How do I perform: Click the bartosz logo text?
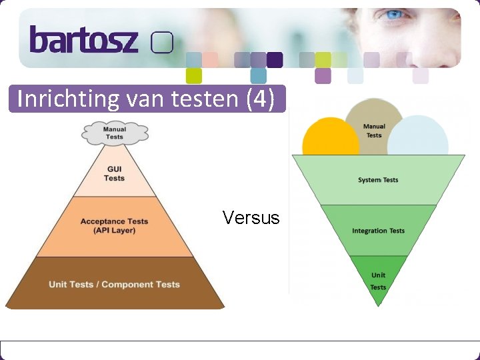pos(83,40)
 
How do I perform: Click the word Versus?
pos(251,218)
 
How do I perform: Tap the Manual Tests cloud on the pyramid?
pos(114,133)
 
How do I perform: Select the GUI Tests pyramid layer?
pos(114,173)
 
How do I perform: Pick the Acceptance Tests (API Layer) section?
pos(114,226)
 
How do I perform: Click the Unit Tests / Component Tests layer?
pos(114,285)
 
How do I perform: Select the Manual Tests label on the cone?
pos(374,131)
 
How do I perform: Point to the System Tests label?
pos(378,180)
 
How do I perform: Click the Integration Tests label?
pos(378,231)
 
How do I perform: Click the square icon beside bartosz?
pos(162,43)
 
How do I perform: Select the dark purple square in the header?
pos(275,60)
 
